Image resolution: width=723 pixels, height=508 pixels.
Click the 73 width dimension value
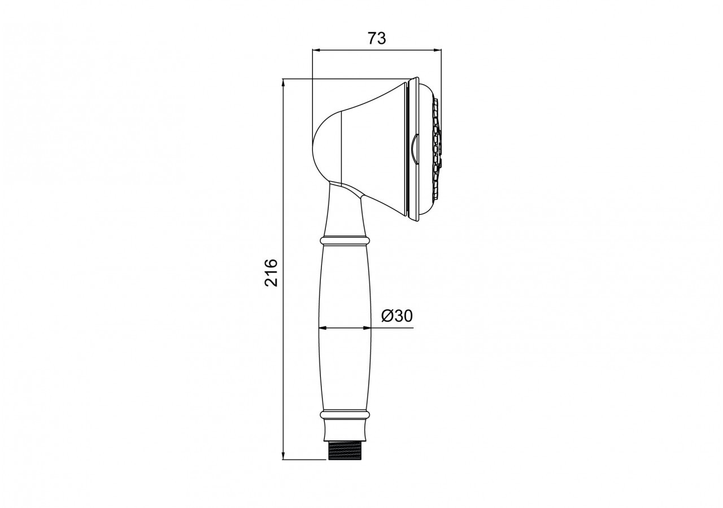pyautogui.click(x=377, y=38)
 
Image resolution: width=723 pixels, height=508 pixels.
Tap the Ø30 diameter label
pyautogui.click(x=397, y=316)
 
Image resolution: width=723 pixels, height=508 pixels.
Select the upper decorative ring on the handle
pyautogui.click(x=345, y=240)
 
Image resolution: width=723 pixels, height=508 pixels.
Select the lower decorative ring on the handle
pyautogui.click(x=345, y=414)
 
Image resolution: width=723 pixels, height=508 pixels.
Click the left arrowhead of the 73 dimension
pyautogui.click(x=316, y=50)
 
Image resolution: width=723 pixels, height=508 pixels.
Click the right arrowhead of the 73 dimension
pyautogui.click(x=437, y=50)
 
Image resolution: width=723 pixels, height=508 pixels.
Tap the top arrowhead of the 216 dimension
pyautogui.click(x=284, y=83)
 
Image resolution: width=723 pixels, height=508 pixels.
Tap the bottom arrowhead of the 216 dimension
pyautogui.click(x=284, y=456)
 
